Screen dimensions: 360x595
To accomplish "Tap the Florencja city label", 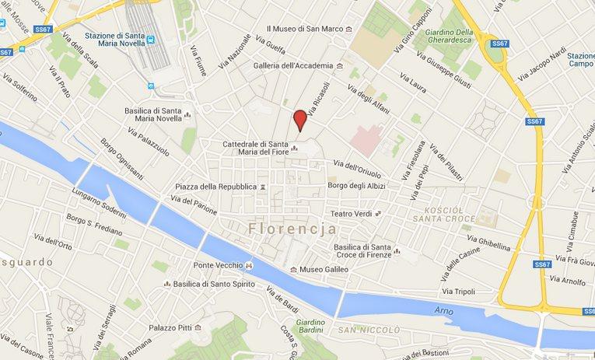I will point(293,229).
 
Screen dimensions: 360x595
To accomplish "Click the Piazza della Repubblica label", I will point(215,187).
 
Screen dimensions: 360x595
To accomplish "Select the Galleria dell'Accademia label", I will point(293,65).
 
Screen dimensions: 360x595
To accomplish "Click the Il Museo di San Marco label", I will point(303,30).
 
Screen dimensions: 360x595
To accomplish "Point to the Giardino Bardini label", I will point(310,327).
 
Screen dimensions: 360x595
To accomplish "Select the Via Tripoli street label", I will point(459,291).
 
